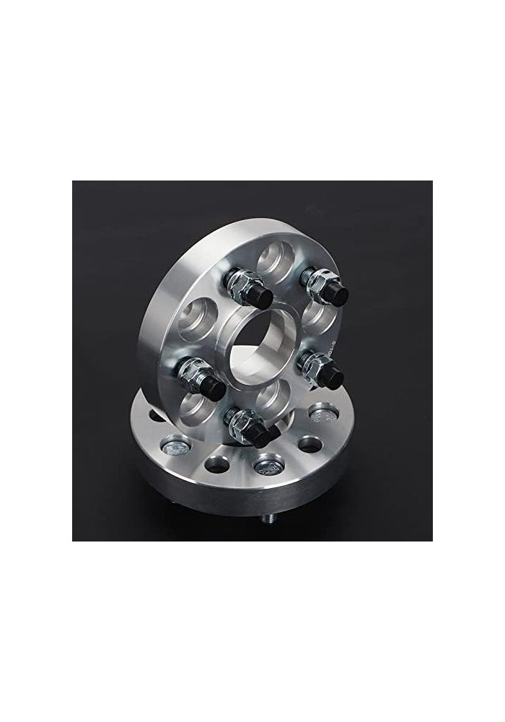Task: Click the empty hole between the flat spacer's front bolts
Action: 216,461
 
